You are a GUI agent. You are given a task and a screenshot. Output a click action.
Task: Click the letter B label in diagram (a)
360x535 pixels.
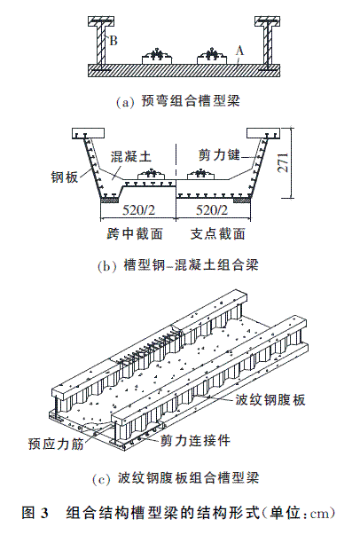113,41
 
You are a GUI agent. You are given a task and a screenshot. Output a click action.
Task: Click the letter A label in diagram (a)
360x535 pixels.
240,51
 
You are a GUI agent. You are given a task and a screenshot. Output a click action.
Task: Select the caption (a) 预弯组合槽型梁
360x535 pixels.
178,101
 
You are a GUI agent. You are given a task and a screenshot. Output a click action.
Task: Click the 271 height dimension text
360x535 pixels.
284,162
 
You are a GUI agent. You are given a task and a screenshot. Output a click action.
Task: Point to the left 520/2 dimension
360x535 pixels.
138,210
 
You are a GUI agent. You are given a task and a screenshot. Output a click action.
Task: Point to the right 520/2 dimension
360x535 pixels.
212,210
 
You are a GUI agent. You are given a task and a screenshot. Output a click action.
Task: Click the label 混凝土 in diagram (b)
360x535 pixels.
130,156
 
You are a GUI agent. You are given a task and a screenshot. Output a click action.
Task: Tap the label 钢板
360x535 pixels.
65,177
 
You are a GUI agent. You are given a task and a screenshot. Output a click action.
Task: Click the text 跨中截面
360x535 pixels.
134,234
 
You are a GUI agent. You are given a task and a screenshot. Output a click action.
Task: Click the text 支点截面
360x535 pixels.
218,234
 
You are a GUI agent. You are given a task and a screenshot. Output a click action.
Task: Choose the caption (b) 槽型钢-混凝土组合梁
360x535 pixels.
178,265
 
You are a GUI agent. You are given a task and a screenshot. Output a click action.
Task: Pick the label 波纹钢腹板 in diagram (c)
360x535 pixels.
270,399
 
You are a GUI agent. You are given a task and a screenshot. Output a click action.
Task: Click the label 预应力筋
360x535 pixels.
56,444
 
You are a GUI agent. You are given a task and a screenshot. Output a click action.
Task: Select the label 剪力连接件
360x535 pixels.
195,440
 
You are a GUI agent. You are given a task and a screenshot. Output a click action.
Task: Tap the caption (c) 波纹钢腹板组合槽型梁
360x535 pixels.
176,478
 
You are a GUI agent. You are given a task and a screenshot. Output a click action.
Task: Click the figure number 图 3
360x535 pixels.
35,513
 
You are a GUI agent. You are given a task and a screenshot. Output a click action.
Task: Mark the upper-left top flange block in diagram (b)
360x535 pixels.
88,133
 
